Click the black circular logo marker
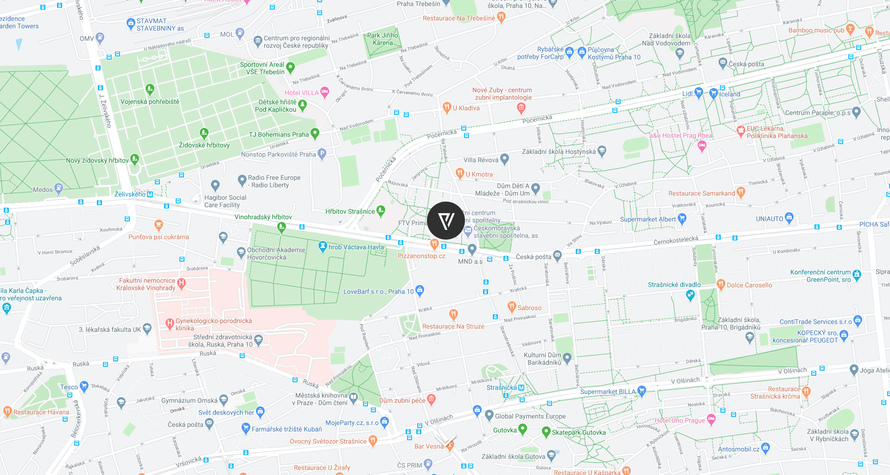click(x=445, y=221)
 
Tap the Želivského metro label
click(x=130, y=194)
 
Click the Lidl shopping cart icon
click(x=699, y=92)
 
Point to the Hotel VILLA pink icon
click(x=324, y=92)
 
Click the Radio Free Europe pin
click(x=242, y=180)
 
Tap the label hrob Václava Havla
click(x=356, y=247)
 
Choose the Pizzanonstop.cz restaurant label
click(x=421, y=256)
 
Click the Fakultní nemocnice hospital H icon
click(x=181, y=283)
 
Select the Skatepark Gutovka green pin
click(x=546, y=431)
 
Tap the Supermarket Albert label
click(x=648, y=219)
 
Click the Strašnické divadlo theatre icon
click(x=690, y=295)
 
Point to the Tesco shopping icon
click(x=84, y=386)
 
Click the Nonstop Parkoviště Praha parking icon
click(x=322, y=153)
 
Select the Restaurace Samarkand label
click(x=701, y=193)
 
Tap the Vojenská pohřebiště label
click(x=150, y=101)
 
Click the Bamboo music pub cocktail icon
click(x=850, y=29)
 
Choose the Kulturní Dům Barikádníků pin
click(x=567, y=357)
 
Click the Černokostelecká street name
click(x=675, y=240)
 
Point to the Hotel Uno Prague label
click(x=680, y=420)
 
